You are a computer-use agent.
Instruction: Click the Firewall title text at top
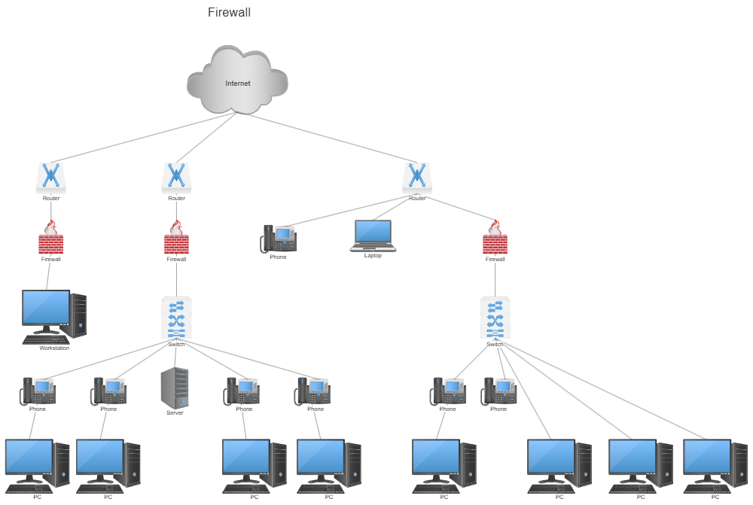[229, 12]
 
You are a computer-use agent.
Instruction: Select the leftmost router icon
[51, 178]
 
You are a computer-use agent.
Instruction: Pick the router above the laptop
[416, 178]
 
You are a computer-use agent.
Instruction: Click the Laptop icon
[373, 236]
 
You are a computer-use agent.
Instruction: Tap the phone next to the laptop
[279, 239]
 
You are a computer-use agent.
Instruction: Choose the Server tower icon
[175, 388]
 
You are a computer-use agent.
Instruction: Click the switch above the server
[176, 318]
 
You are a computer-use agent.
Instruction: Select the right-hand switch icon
[495, 318]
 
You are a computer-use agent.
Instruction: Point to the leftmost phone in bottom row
[38, 391]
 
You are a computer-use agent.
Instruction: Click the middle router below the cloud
[176, 178]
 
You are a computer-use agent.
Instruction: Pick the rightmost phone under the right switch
[499, 391]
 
